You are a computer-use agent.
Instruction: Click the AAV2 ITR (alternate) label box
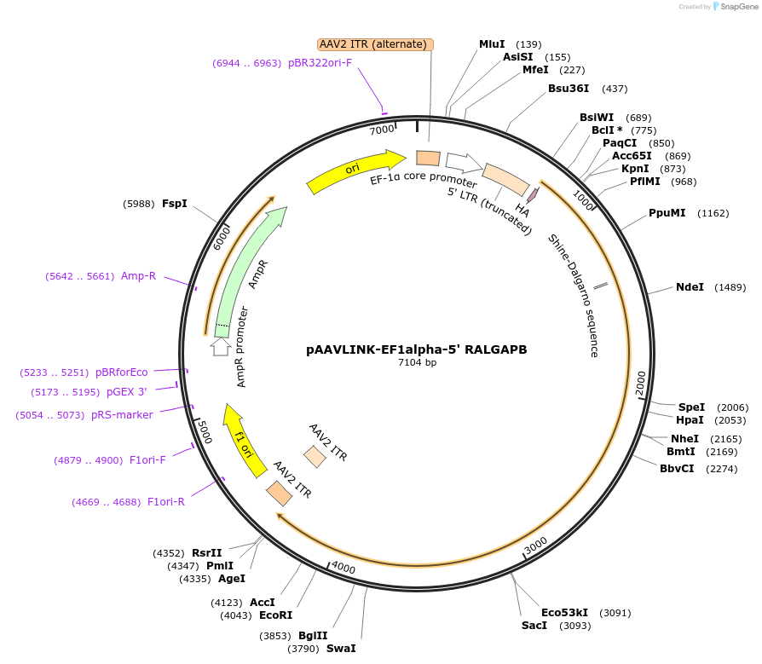pos(375,44)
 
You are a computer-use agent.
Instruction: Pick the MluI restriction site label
pos(492,44)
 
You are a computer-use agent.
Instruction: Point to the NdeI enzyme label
pos(690,287)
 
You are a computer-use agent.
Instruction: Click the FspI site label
pos(175,204)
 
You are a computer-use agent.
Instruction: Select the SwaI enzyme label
pos(341,649)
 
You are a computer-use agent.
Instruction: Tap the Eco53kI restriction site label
pos(565,613)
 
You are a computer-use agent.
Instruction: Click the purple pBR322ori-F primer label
pos(320,63)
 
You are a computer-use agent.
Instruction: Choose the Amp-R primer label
pos(138,276)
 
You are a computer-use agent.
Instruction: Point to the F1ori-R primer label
pos(165,502)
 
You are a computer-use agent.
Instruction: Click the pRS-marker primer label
pos(122,415)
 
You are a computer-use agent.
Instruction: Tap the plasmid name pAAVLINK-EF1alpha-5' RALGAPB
pos(417,349)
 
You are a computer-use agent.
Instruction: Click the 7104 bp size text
pos(417,362)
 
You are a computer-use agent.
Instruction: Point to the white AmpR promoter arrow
pos(221,346)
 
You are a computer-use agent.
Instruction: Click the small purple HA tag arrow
pos(533,195)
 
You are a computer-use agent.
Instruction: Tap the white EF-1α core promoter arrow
pos(464,162)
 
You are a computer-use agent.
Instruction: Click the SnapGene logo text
pos(739,7)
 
